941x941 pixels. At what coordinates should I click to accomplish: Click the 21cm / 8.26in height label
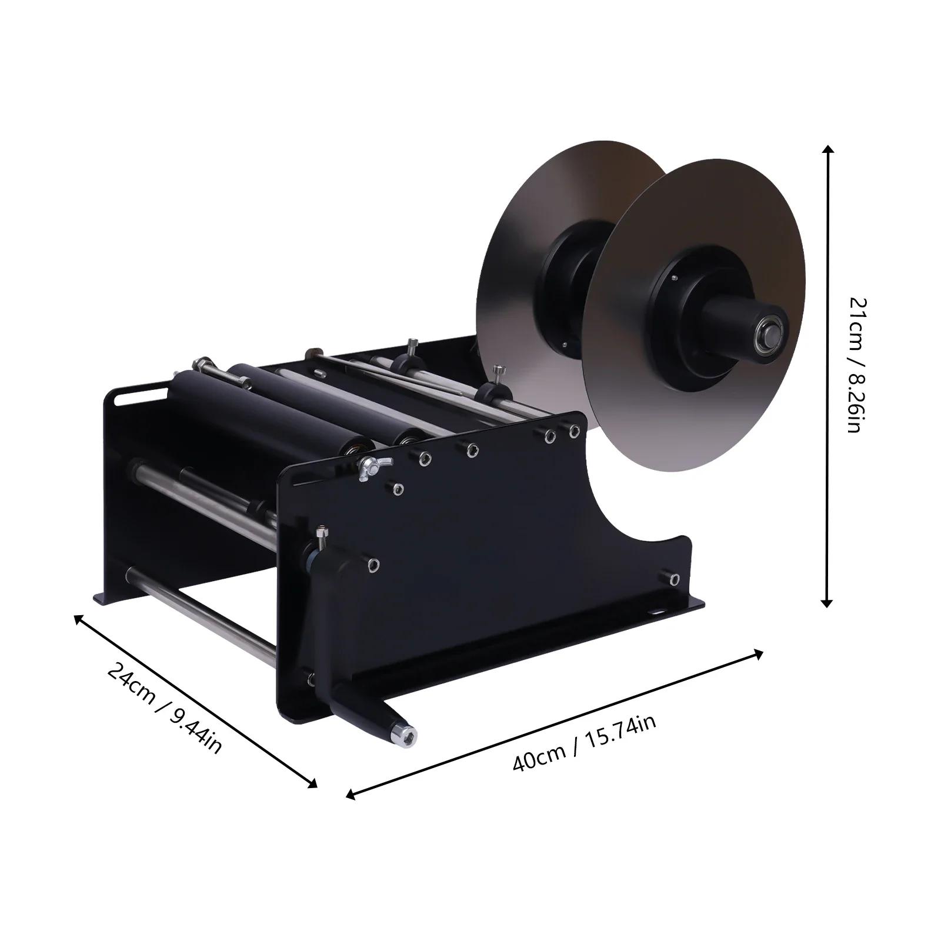point(855,365)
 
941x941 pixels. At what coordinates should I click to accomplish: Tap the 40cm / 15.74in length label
point(584,743)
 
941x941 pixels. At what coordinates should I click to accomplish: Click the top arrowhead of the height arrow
point(827,149)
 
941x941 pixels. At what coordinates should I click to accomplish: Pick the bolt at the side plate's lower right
point(675,579)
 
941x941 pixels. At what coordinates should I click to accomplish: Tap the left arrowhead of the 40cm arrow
point(350,796)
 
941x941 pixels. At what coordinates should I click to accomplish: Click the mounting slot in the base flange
point(657,612)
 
